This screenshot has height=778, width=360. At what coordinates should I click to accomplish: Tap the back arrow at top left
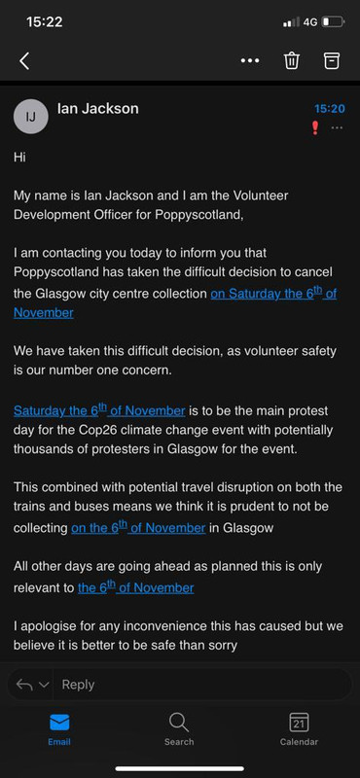[x=24, y=61]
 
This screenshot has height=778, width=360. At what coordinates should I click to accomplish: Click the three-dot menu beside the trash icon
[x=250, y=60]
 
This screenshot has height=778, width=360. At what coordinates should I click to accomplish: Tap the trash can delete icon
[x=291, y=60]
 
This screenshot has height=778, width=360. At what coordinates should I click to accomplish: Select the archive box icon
[x=332, y=60]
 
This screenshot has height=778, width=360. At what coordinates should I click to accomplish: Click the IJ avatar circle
[x=30, y=117]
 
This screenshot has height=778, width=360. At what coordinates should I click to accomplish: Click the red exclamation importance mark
[x=314, y=128]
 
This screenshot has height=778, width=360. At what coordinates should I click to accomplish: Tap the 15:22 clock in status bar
[x=43, y=19]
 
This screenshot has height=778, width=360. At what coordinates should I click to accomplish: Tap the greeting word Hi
[x=19, y=156]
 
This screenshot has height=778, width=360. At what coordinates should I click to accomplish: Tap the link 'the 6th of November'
[x=135, y=587]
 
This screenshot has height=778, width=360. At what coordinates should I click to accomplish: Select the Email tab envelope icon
[x=59, y=722]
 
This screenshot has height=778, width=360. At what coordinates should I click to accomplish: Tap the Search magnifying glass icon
[x=179, y=722]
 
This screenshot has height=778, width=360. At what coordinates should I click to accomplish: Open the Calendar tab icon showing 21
[x=299, y=722]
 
